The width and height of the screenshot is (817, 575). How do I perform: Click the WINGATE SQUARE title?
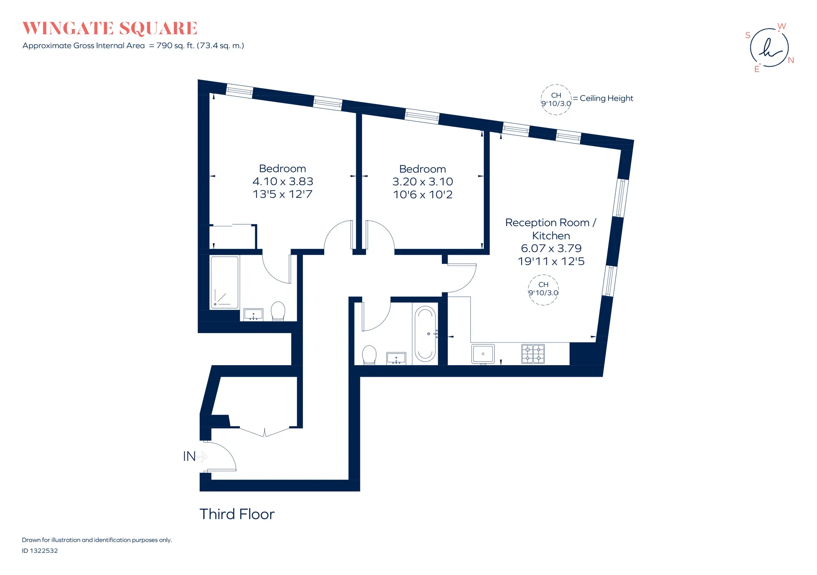tap(110, 29)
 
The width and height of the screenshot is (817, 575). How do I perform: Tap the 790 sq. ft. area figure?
tap(175, 46)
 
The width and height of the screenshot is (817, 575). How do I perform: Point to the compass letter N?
tap(791, 60)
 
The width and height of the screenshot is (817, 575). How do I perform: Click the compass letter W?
tap(782, 26)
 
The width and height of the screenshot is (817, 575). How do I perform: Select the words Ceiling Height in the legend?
tap(606, 98)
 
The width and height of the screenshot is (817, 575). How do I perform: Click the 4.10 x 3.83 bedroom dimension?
tap(283, 181)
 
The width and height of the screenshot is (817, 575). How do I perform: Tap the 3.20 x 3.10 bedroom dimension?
tap(423, 182)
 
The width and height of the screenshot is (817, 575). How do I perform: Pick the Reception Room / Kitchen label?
tap(551, 229)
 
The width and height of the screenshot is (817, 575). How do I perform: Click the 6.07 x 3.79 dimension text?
tap(551, 248)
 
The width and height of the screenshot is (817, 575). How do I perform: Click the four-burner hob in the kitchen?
tap(533, 354)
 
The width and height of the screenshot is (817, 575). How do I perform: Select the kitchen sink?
tap(483, 354)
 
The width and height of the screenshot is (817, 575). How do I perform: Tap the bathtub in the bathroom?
tap(425, 334)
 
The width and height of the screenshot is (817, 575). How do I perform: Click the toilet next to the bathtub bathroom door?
tap(369, 355)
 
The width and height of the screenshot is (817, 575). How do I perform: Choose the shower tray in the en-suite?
tap(225, 282)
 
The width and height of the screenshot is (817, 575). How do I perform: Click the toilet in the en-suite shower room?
tap(278, 311)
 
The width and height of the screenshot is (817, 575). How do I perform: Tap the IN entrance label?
tap(189, 456)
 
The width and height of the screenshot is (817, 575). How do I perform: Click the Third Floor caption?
tap(237, 514)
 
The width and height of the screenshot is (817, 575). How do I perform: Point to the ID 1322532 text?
tap(40, 551)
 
